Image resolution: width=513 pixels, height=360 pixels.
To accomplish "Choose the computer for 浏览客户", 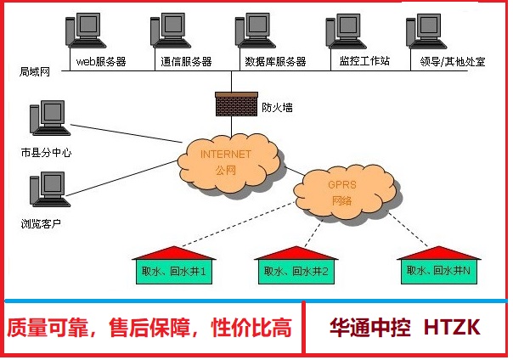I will pos(47,192).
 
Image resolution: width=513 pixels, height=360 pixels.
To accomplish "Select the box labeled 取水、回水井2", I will pos(296,272).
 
